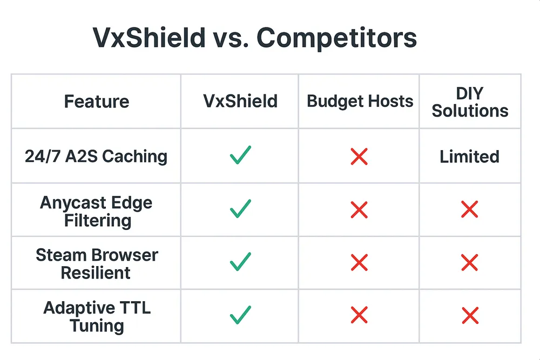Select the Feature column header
click(97, 101)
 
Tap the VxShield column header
click(240, 101)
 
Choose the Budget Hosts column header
click(360, 101)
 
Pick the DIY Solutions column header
click(470, 102)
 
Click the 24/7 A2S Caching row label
click(96, 157)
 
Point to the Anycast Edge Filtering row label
click(96, 212)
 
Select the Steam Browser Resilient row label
click(96, 263)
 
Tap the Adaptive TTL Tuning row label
click(96, 316)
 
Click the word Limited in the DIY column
click(469, 157)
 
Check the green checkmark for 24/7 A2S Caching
click(240, 156)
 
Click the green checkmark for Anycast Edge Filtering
click(240, 209)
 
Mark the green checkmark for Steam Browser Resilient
click(240, 262)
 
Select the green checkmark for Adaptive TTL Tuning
click(240, 315)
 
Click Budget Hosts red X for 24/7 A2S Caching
click(359, 157)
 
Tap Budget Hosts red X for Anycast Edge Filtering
click(359, 210)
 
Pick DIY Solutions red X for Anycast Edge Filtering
click(469, 210)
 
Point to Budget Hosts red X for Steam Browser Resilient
click(359, 263)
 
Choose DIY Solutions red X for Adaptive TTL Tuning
click(469, 315)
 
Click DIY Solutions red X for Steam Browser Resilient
click(469, 263)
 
